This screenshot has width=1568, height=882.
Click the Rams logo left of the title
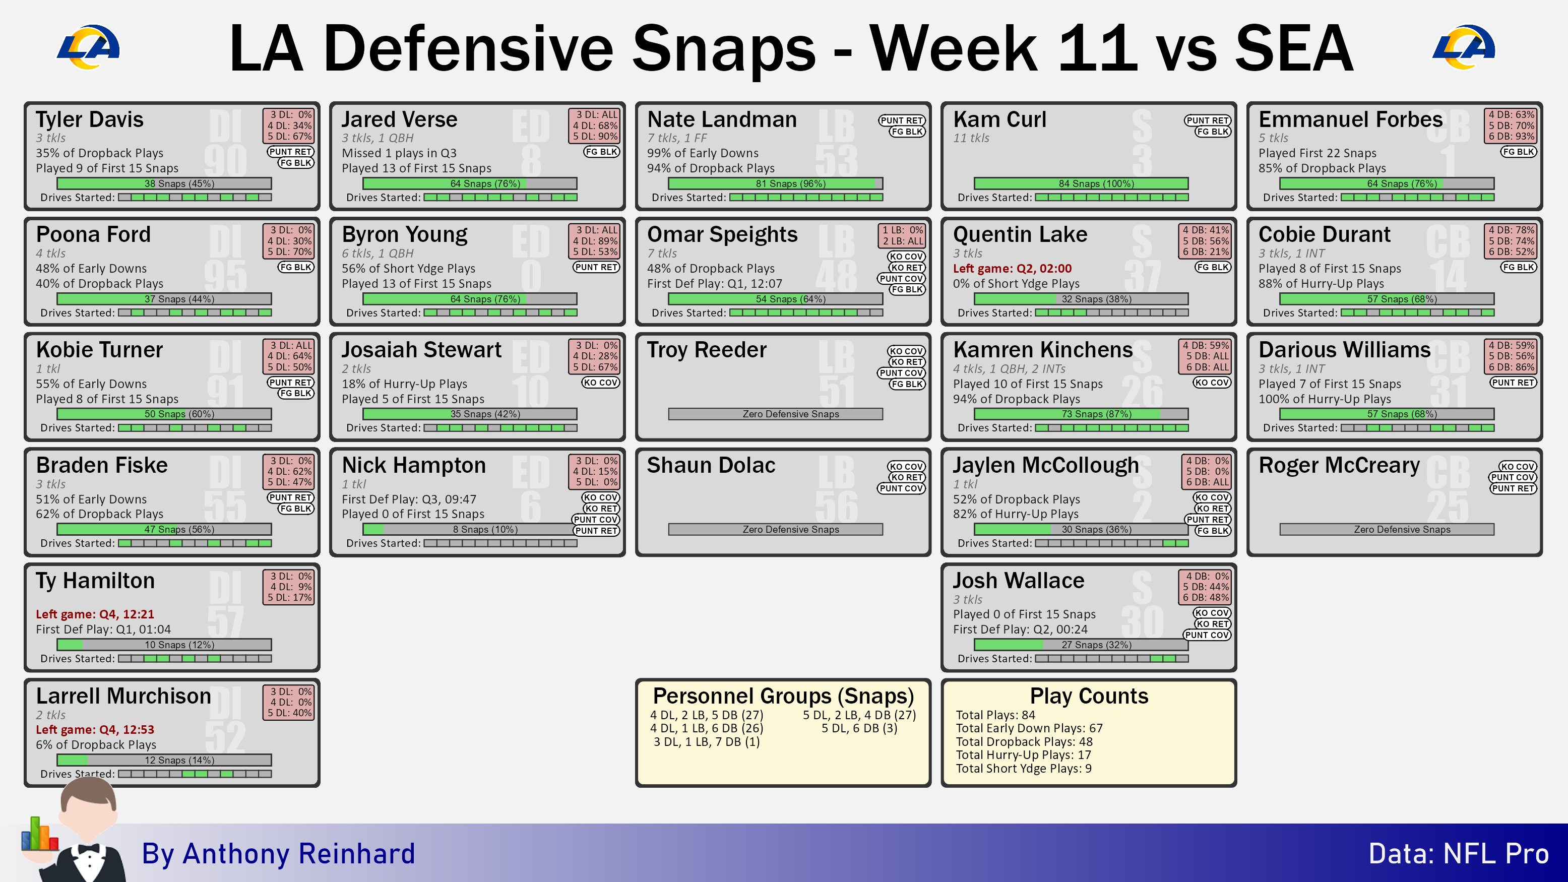[88, 47]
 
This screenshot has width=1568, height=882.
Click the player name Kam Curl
[999, 119]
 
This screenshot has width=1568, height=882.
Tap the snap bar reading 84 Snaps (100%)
[1081, 183]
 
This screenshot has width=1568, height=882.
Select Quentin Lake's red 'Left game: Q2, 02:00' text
[1012, 269]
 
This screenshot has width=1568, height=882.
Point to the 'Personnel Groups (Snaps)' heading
[783, 696]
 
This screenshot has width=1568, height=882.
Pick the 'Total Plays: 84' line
[995, 715]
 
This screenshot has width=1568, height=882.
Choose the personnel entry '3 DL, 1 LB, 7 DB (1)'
[706, 742]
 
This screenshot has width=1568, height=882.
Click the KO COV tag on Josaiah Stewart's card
[600, 382]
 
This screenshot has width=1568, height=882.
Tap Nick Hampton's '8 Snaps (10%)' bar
[469, 530]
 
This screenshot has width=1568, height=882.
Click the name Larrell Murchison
[123, 696]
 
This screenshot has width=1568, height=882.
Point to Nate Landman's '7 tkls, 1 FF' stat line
[677, 138]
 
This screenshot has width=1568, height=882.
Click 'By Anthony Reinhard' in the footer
[278, 853]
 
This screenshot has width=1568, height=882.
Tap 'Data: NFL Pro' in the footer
[1459, 853]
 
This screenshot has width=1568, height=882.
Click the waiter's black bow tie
[89, 849]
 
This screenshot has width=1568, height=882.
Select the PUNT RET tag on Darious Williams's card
[1513, 382]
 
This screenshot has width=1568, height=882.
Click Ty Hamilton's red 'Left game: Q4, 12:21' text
[95, 614]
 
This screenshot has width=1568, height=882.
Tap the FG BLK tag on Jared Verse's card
[601, 152]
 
